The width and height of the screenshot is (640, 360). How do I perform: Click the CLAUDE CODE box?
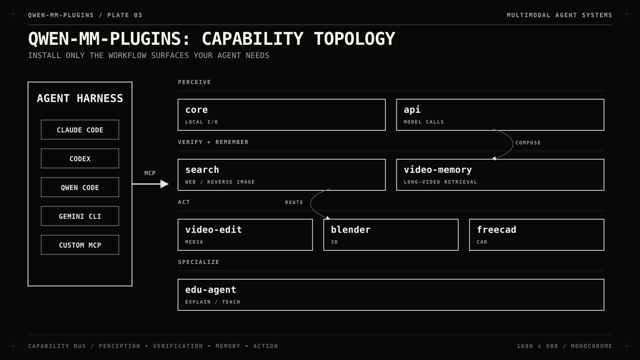80,130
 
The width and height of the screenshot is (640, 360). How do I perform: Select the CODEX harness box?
80,158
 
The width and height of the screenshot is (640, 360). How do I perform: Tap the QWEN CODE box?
80,188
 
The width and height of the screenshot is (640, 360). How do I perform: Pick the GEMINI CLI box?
80,216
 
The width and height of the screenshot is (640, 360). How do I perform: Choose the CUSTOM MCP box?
80,245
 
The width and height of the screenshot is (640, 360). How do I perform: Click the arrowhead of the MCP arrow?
164,184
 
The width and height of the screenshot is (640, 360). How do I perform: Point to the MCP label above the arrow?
150,173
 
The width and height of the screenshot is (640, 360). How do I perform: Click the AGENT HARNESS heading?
80,98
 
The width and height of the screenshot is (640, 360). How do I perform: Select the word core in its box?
196,110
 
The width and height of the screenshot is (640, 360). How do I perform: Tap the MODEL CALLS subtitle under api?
424,122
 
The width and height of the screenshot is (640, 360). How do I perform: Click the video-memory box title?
438,170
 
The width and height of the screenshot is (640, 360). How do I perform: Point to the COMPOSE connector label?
528,143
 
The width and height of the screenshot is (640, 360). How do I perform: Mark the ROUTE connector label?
294,202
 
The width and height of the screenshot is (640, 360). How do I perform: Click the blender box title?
350,230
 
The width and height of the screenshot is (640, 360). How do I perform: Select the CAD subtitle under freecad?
482,242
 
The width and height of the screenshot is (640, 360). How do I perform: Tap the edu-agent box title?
210,290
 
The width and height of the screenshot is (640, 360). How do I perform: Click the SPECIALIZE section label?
198,262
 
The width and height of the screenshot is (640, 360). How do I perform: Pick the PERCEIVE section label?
194,82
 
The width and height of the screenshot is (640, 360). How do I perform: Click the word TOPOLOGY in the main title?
354,39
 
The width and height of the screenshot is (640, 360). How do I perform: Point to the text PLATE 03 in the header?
125,15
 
